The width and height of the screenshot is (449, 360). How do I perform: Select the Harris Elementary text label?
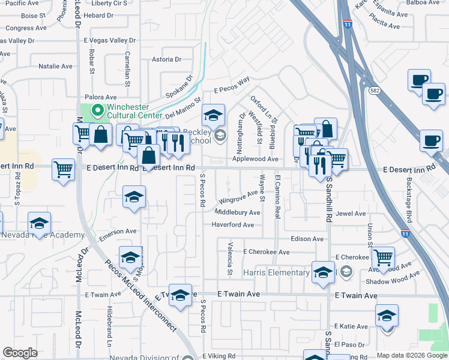[276, 273]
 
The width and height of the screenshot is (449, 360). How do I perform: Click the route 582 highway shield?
[374, 90]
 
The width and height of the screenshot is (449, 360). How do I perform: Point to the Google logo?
[20, 353]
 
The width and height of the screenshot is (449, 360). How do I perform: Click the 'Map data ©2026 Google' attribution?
[412, 355]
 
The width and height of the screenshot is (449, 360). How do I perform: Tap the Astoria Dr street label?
[166, 59]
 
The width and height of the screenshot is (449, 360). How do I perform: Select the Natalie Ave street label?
[56, 67]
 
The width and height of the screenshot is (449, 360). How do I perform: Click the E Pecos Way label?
[232, 86]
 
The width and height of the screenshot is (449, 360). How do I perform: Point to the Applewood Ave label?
[256, 159]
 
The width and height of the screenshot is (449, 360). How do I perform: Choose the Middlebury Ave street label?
[237, 212]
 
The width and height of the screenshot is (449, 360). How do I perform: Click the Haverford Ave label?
[237, 225]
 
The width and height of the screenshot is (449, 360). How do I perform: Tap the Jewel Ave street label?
[351, 214]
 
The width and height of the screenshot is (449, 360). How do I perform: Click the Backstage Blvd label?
[409, 197]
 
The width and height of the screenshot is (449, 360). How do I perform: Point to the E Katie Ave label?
[351, 326]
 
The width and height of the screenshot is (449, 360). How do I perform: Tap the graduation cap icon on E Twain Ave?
[180, 296]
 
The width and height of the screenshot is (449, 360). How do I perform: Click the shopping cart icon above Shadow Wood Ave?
[383, 258]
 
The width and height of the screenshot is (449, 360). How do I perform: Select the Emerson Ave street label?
[118, 232]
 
